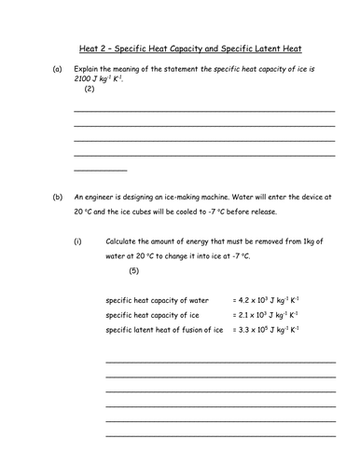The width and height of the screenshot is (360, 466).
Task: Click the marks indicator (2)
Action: coord(90,89)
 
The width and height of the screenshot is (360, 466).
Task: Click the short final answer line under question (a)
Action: coord(100,170)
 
